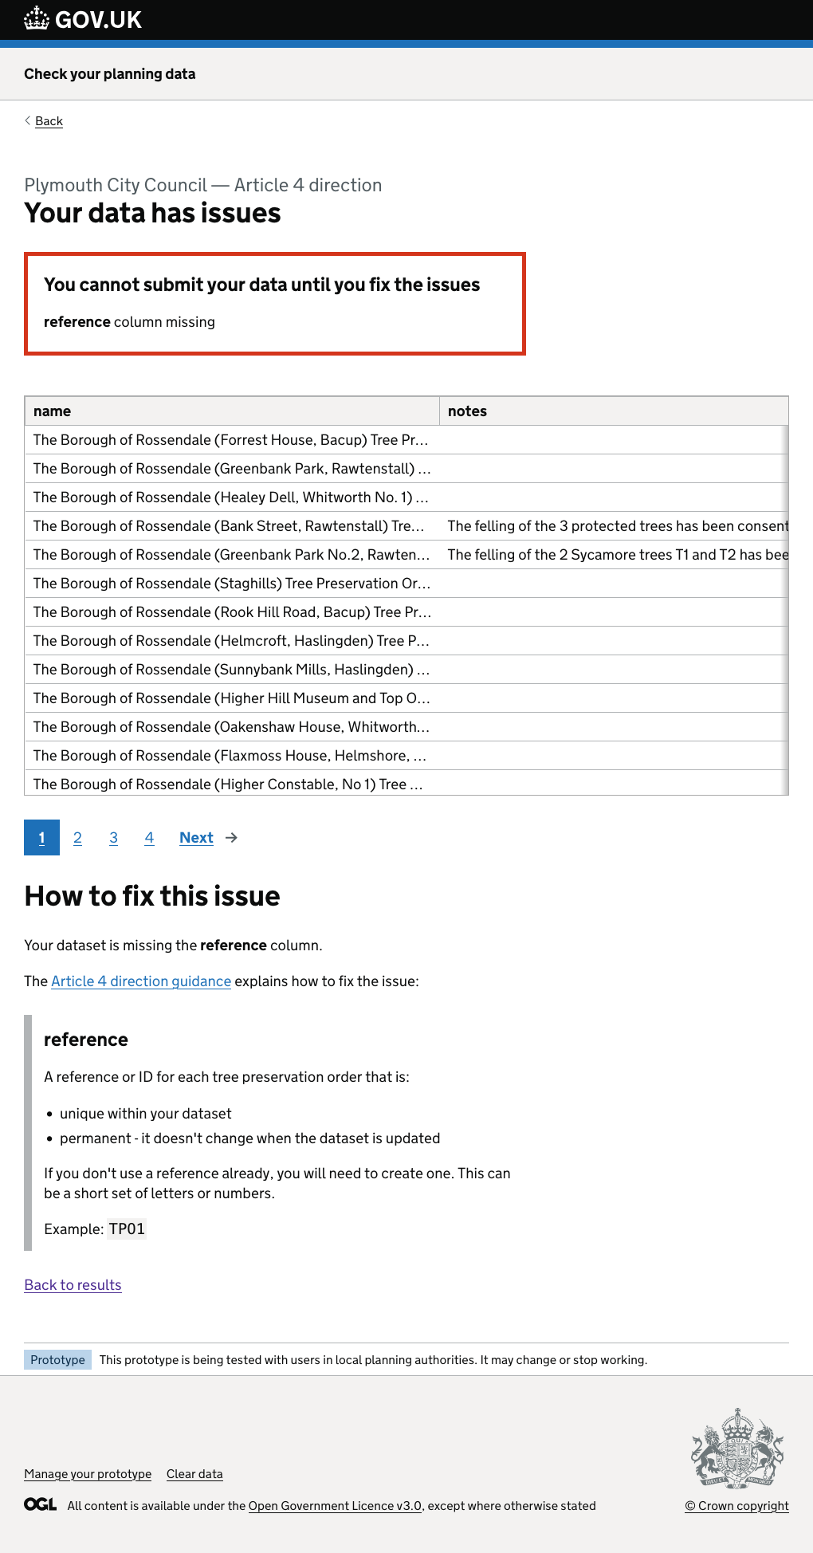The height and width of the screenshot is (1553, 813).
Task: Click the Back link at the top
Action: point(49,121)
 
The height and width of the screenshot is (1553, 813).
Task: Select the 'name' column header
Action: point(53,411)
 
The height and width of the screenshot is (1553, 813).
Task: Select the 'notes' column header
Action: point(467,411)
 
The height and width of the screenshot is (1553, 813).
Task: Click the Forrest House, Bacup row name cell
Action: point(231,440)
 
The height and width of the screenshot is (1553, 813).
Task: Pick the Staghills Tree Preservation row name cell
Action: point(231,584)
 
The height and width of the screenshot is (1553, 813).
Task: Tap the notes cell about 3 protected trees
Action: point(617,526)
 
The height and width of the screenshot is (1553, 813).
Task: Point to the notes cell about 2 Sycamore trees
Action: point(617,555)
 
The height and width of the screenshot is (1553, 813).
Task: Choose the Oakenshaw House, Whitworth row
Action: point(231,727)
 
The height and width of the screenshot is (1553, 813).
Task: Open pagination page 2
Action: point(77,838)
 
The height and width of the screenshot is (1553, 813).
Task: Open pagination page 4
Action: point(149,838)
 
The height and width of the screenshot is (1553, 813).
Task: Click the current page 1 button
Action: point(41,838)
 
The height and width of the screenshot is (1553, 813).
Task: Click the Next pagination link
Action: point(197,838)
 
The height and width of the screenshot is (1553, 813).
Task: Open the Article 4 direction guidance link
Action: point(141,981)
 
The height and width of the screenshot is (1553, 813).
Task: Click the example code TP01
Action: point(127,1229)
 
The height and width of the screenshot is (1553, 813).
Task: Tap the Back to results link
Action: point(73,1285)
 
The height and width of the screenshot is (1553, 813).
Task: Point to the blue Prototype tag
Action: point(57,1360)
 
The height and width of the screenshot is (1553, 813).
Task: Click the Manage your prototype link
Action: point(88,1474)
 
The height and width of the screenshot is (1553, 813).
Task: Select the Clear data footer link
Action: point(194,1474)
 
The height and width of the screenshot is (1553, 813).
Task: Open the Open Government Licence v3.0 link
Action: point(335,1506)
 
